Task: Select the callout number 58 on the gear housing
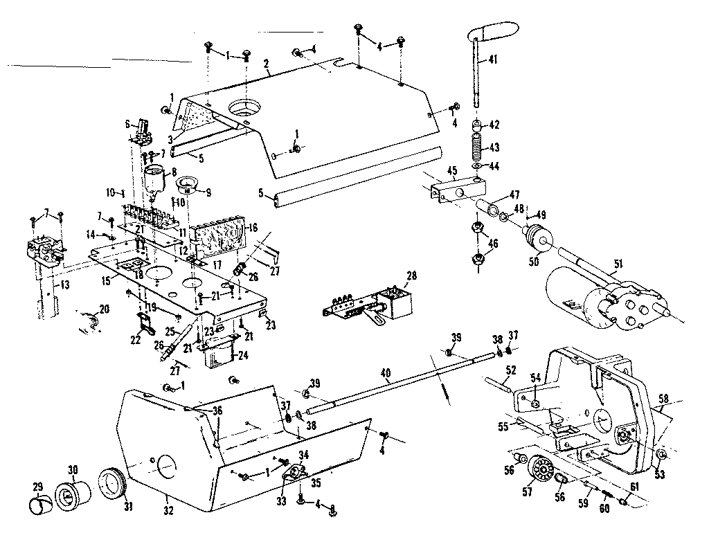coord(663,399)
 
